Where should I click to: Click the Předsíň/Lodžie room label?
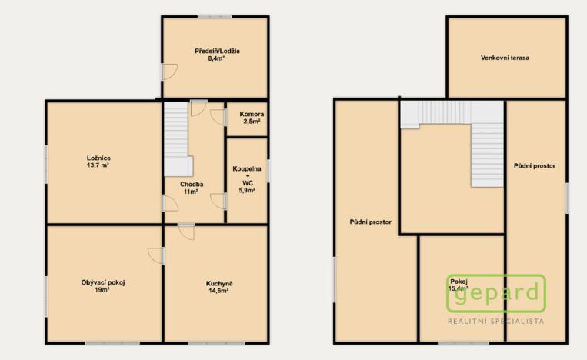(218, 51)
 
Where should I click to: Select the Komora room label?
(247, 114)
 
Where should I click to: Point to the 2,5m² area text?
(247, 122)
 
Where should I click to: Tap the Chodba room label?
(192, 185)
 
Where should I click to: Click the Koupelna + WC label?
(247, 175)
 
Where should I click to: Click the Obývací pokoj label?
(103, 282)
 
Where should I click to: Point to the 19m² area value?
(103, 290)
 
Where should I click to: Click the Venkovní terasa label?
(505, 58)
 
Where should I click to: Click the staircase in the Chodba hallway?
(179, 138)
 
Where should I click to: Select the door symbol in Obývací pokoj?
(156, 255)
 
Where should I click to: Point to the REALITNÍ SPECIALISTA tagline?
(496, 320)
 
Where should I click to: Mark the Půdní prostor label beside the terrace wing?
(535, 165)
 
